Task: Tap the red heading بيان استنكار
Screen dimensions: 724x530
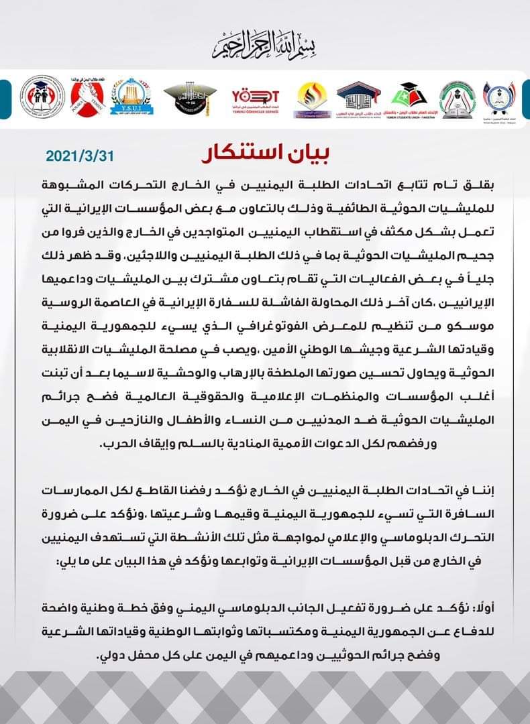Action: point(266,154)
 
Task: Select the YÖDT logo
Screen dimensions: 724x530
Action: point(254,99)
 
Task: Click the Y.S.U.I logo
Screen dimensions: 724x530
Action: point(129,99)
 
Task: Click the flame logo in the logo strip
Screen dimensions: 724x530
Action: point(309,99)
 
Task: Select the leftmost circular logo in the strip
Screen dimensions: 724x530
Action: point(42,99)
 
